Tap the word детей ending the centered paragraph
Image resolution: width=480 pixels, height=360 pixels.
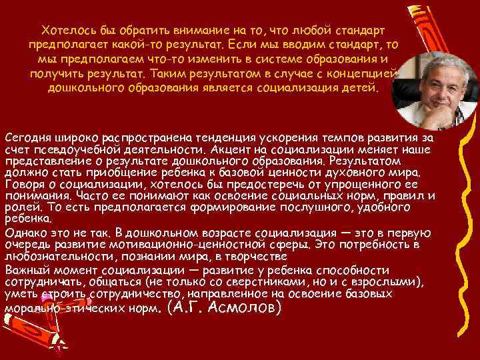pos(361,88)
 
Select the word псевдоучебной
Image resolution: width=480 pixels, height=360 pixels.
pos(74,148)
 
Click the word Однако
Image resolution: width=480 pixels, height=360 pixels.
pos(25,233)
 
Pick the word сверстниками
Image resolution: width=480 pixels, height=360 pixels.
pos(270,281)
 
